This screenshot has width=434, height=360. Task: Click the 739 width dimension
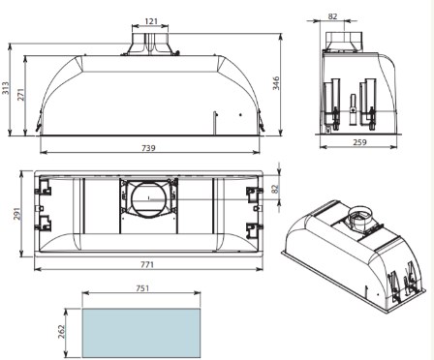[x=149, y=147]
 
